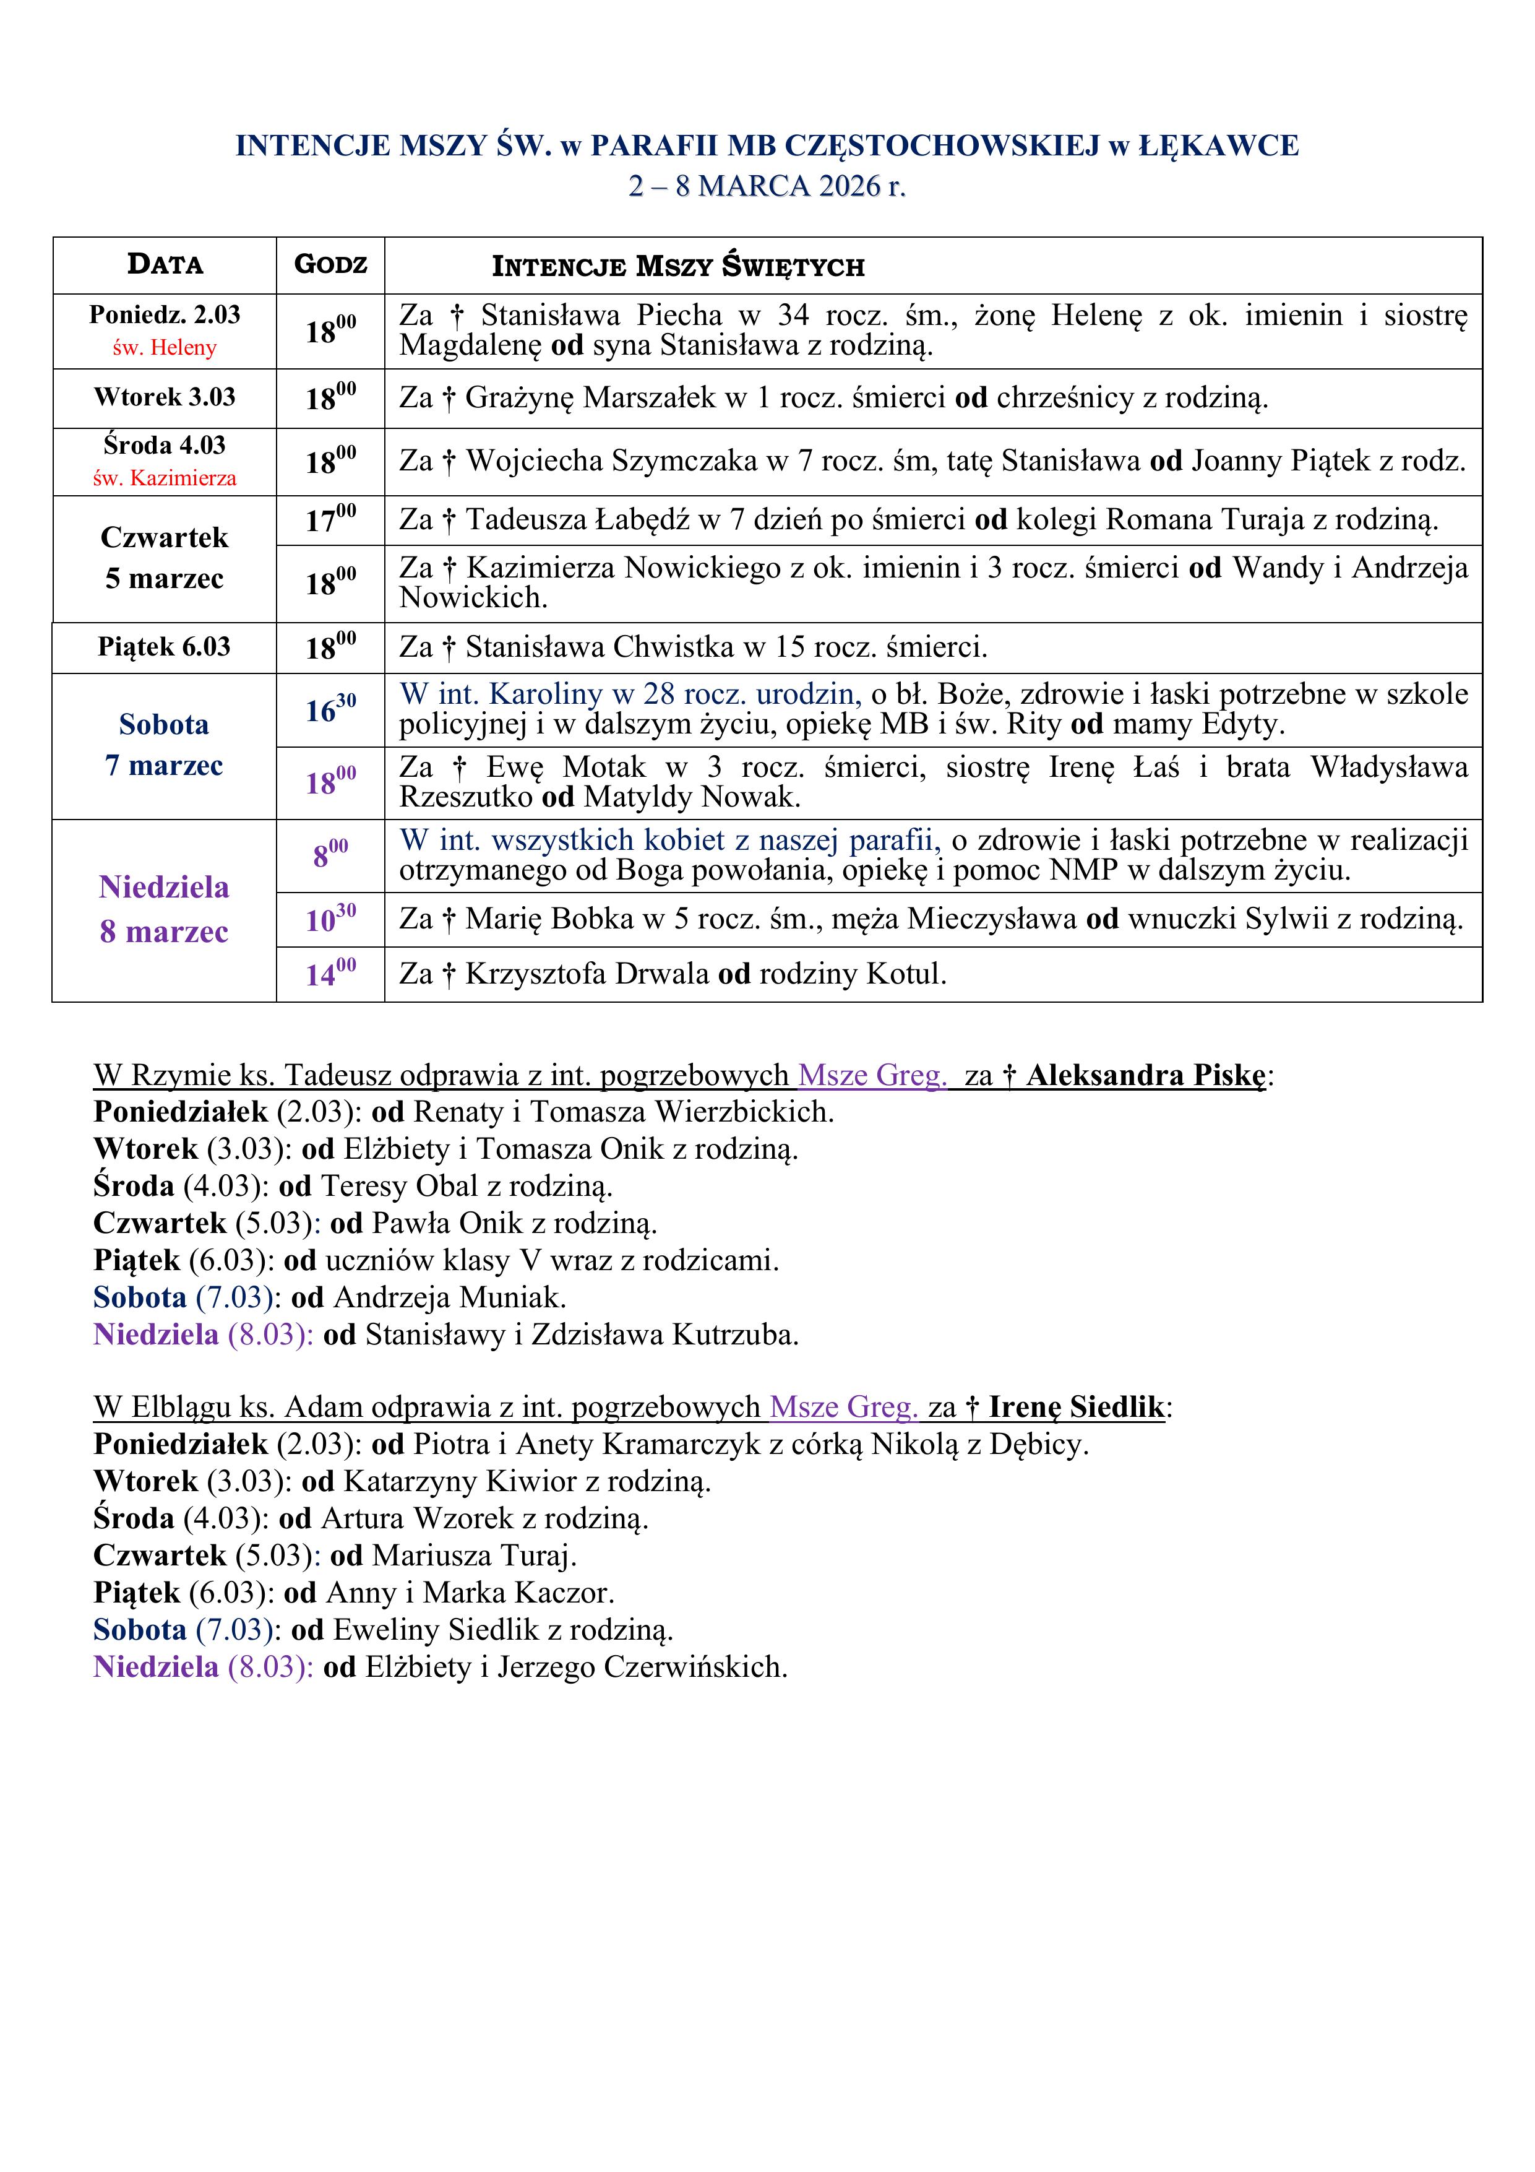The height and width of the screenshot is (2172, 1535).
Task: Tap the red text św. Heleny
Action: pos(165,347)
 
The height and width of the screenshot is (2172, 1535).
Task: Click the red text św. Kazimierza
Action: pos(165,478)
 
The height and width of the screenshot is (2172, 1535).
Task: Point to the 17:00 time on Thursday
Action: pos(330,519)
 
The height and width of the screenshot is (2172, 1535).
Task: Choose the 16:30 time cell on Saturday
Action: pos(330,709)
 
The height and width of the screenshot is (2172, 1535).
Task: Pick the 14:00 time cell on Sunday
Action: pos(330,974)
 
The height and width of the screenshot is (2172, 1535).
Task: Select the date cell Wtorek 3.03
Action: pos(165,397)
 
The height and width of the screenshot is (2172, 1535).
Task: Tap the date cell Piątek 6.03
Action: pos(165,647)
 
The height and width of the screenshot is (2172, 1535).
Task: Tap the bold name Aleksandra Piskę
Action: pos(1145,1076)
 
